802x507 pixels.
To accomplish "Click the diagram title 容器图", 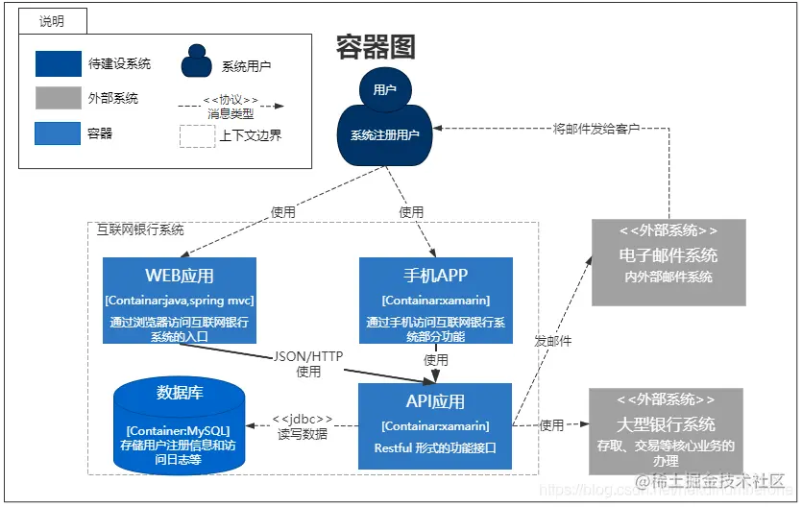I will point(376,46).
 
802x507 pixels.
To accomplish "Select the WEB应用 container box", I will point(180,300).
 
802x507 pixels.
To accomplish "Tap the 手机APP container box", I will point(435,300).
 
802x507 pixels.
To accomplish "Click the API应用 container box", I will point(435,426).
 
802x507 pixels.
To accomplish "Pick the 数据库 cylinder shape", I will point(179,424).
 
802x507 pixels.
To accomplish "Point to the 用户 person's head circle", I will point(384,89).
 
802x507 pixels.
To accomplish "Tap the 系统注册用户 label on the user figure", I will point(384,135).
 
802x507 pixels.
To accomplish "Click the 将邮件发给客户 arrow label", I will point(596,128).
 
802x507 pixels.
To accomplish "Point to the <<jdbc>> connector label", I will point(302,419).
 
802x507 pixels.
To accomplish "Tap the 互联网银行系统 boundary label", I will point(140,230).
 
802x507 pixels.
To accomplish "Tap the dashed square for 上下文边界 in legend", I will point(196,134).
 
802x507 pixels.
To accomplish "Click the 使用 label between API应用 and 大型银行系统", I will point(551,425).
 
